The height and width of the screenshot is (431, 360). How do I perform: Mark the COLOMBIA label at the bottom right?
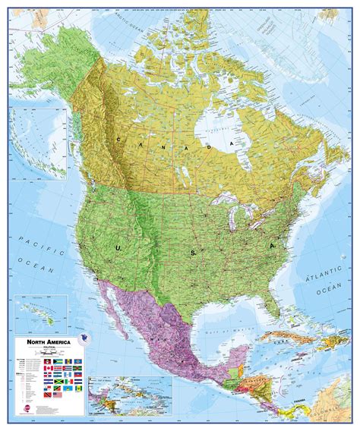[x=334, y=410]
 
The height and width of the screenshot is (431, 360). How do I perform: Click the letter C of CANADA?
[x=122, y=139]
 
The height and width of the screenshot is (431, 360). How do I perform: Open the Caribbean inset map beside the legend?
[x=130, y=398]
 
